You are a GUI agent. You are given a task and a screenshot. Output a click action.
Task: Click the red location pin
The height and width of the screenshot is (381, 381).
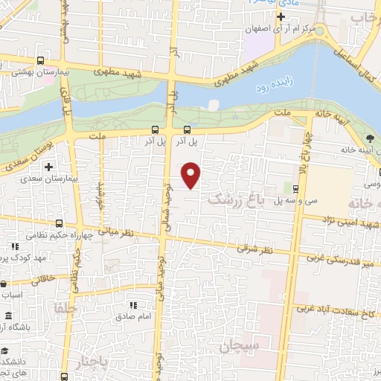[x=192, y=175]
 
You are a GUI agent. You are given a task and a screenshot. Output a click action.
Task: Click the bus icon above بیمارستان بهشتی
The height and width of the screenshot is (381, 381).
[x=39, y=62]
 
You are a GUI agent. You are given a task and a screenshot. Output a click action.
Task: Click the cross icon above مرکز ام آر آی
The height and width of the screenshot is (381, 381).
[x=281, y=16]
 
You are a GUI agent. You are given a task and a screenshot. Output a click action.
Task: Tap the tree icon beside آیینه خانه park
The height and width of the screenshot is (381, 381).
[x=370, y=138]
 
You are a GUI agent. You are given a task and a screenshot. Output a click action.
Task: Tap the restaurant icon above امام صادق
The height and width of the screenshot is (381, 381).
[x=133, y=305]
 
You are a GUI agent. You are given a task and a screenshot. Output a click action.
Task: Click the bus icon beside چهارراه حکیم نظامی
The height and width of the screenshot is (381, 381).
[x=59, y=223]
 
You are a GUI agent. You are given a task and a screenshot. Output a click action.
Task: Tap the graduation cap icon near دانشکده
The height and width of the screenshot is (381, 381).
[x=6, y=351]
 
